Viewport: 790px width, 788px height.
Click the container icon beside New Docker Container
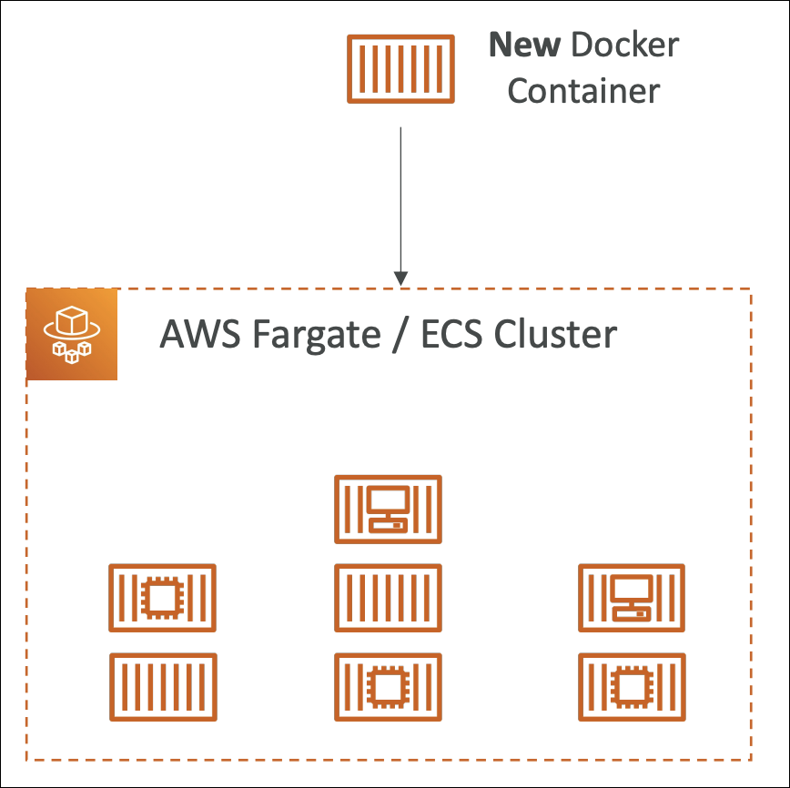click(x=401, y=68)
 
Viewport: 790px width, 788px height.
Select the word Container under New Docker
click(x=582, y=91)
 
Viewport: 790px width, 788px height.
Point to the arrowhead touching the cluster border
click(x=400, y=278)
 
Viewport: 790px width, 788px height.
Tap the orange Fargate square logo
click(x=72, y=334)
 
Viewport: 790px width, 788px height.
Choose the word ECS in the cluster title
click(x=451, y=335)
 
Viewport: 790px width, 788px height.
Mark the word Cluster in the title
click(x=555, y=335)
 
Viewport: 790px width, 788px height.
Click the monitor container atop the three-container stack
click(x=388, y=509)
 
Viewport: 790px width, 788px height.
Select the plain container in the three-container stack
click(x=388, y=598)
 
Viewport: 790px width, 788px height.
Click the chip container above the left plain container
click(x=162, y=598)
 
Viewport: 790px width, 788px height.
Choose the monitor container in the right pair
click(x=632, y=598)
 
